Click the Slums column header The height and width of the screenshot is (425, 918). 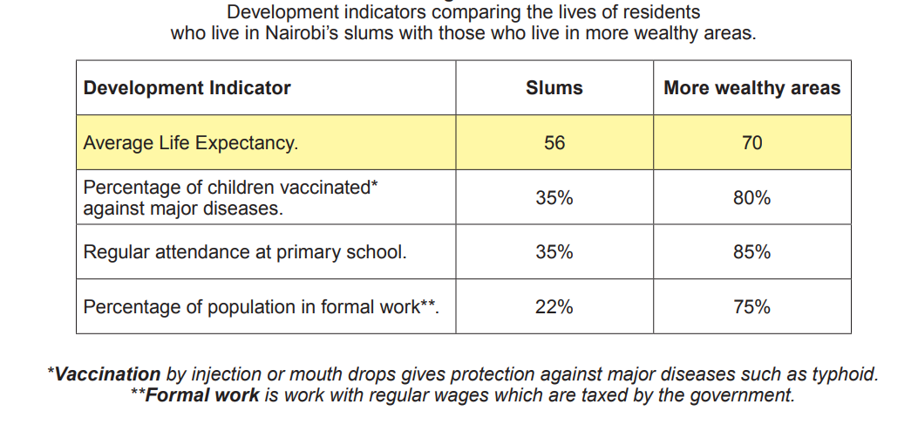pos(554,88)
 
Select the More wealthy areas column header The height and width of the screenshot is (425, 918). pos(751,88)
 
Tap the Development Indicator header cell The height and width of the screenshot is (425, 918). pos(187,88)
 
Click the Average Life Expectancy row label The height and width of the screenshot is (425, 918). pos(190,142)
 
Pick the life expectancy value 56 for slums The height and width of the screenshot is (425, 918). pos(554,142)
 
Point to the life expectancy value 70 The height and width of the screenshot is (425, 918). pos(751,142)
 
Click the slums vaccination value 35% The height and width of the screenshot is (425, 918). pos(554,198)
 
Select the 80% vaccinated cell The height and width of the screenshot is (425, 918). pos(751,198)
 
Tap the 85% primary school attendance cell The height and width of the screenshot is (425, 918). pos(751,252)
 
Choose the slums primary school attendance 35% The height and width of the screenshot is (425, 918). pos(554,252)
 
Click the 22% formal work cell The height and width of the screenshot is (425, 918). pos(554,307)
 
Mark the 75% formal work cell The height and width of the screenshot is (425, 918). pos(751,307)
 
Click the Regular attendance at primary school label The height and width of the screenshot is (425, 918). pos(245,252)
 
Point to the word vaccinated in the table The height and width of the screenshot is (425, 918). pos(326,188)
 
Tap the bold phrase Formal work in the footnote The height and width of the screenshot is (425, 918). pos(202,395)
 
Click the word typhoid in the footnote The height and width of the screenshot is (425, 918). pos(845,374)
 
